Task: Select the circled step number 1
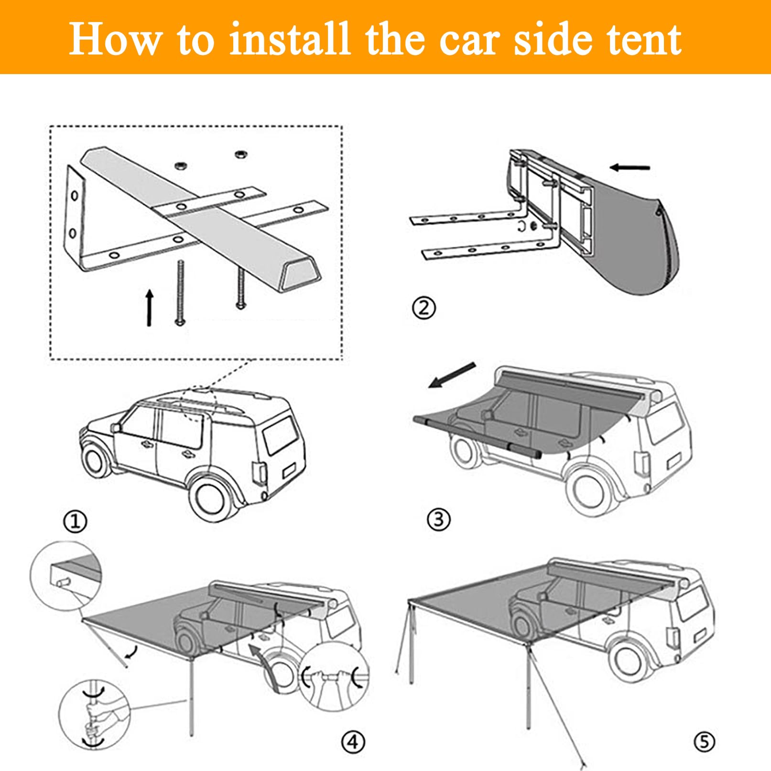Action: (x=76, y=521)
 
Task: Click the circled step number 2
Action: (x=424, y=308)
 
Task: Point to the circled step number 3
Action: (x=439, y=519)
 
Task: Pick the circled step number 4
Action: (x=353, y=742)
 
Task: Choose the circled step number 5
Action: (x=704, y=742)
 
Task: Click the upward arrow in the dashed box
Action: (x=150, y=308)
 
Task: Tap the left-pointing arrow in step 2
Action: (x=630, y=167)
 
